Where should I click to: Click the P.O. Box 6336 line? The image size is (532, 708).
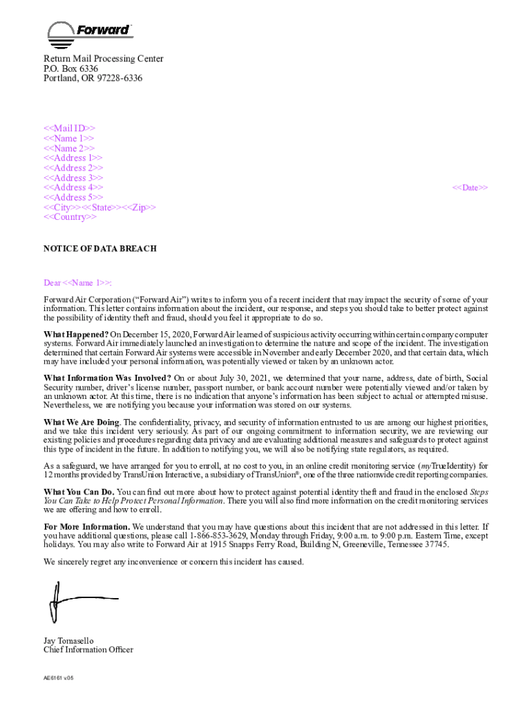click(x=70, y=69)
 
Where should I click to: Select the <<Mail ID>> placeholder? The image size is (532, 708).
click(x=70, y=129)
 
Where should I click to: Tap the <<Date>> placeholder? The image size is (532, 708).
click(x=470, y=188)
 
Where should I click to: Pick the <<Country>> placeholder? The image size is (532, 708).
click(x=70, y=217)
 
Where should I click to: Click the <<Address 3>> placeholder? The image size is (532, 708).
click(x=73, y=178)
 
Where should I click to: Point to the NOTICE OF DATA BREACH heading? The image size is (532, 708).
click(x=100, y=249)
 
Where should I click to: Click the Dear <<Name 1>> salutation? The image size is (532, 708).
click(x=78, y=283)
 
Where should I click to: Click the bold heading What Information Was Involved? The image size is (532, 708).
click(x=107, y=378)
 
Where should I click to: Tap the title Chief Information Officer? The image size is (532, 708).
click(x=88, y=650)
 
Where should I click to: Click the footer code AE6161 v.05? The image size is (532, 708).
click(x=59, y=678)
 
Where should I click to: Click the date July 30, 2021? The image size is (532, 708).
click(x=241, y=378)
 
